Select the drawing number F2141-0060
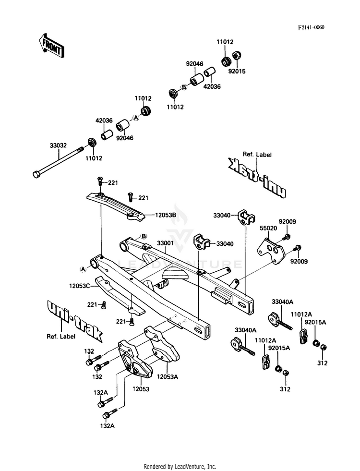click(311, 28)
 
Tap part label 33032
click(58, 145)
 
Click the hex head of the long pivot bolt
click(36, 174)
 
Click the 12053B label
click(166, 215)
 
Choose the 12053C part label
click(80, 286)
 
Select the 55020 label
click(268, 228)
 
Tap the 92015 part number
click(237, 72)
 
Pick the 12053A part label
click(168, 377)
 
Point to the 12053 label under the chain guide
click(141, 389)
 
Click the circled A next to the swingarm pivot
click(83, 269)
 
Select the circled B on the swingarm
click(144, 236)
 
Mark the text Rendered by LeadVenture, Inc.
click(180, 467)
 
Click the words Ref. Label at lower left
click(61, 337)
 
